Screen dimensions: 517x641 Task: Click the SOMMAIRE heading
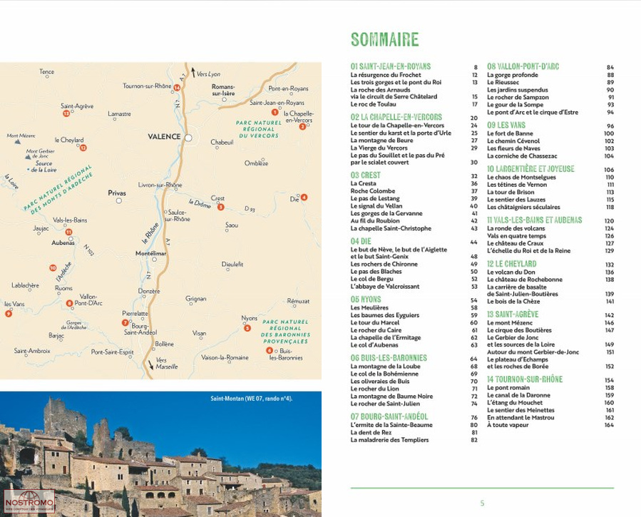(x=384, y=40)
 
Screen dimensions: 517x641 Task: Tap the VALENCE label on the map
(x=164, y=136)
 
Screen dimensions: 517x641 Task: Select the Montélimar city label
(x=150, y=253)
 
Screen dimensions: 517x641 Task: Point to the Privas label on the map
(x=116, y=193)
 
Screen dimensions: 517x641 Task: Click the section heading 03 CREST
(x=365, y=175)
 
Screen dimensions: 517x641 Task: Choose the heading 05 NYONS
(x=366, y=300)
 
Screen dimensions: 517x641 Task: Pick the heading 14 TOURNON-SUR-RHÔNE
(x=524, y=379)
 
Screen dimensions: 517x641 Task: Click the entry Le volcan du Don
(x=511, y=272)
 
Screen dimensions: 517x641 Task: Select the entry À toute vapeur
(x=508, y=425)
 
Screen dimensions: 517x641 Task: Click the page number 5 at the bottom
(x=482, y=503)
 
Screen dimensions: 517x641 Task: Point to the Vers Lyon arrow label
(x=208, y=73)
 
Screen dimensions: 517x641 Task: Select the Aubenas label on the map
(x=63, y=242)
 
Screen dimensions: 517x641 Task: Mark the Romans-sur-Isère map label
(x=222, y=90)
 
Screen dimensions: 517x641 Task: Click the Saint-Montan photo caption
(x=251, y=399)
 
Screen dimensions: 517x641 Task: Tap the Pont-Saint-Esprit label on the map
(x=112, y=352)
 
